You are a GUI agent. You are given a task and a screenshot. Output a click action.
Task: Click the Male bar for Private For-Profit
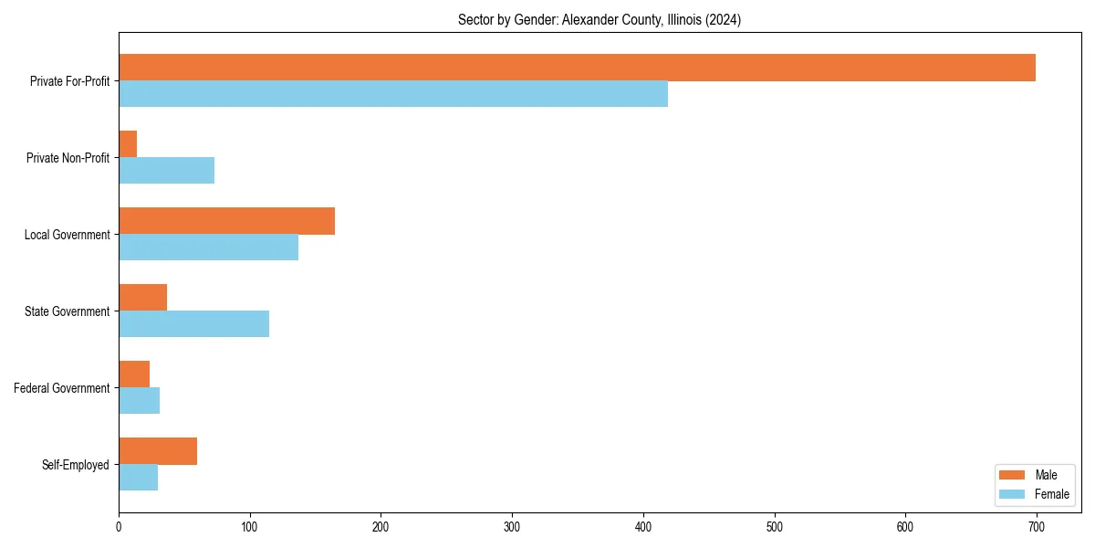(x=577, y=68)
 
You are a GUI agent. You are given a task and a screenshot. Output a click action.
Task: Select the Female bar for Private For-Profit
(x=393, y=94)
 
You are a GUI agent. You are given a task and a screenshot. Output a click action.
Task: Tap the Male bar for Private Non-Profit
(x=128, y=144)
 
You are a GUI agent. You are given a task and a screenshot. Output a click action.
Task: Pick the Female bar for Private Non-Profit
(x=166, y=171)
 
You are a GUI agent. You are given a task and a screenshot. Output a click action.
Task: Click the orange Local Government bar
(x=226, y=221)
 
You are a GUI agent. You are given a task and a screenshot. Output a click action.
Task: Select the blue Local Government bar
(x=208, y=248)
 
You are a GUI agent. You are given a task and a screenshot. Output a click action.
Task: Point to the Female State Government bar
(x=193, y=324)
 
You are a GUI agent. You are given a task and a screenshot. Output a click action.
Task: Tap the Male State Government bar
(x=142, y=298)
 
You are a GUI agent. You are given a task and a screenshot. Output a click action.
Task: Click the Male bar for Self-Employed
(x=158, y=451)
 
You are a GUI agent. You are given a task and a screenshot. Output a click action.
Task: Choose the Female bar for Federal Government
(x=139, y=401)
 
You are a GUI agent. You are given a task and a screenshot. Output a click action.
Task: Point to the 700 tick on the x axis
(x=1037, y=526)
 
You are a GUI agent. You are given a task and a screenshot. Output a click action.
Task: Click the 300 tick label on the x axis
(x=512, y=526)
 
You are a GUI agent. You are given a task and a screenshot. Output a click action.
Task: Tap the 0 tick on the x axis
(x=119, y=526)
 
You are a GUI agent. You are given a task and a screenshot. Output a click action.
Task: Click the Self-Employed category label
(x=75, y=465)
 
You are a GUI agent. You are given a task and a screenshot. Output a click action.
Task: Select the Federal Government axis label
(x=61, y=388)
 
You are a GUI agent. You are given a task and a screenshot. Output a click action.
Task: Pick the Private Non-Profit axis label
(x=68, y=158)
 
